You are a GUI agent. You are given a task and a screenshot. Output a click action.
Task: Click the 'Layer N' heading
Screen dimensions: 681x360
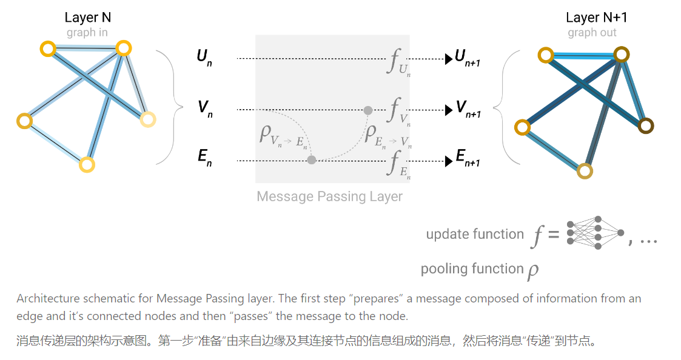pyautogui.click(x=87, y=18)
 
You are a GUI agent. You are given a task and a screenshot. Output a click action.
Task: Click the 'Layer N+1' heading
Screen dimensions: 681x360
pyautogui.click(x=596, y=18)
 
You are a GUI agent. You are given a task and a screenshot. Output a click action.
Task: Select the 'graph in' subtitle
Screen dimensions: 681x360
pyautogui.click(x=87, y=32)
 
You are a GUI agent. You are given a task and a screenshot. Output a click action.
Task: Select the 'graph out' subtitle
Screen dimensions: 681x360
pyautogui.click(x=592, y=32)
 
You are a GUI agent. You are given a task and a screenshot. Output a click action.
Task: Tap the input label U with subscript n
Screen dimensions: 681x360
pyautogui.click(x=204, y=58)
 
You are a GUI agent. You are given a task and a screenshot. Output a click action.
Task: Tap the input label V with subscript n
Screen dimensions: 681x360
pyautogui.click(x=205, y=109)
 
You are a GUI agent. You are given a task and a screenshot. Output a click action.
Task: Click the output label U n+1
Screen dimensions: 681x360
pyautogui.click(x=468, y=58)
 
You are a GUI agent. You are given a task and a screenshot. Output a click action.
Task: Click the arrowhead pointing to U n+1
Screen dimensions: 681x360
pyautogui.click(x=449, y=59)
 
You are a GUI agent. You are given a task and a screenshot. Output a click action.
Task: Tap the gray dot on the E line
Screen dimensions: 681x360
pyautogui.click(x=312, y=160)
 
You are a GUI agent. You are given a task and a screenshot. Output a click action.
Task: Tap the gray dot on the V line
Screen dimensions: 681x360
pyautogui.click(x=367, y=110)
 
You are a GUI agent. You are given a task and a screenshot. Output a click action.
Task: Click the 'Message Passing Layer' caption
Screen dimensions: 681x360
pyautogui.click(x=329, y=197)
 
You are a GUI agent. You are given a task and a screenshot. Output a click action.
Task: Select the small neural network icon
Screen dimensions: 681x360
pyautogui.click(x=594, y=233)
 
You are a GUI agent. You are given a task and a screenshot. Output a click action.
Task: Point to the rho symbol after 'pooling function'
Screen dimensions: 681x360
pyautogui.click(x=532, y=270)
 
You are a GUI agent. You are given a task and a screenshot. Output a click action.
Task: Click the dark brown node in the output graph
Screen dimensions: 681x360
pyautogui.click(x=646, y=126)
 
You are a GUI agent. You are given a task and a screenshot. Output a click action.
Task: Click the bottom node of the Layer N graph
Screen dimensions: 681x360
pyautogui.click(x=87, y=164)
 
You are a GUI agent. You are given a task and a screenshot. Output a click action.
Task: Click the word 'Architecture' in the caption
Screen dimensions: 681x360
pyautogui.click(x=48, y=298)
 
